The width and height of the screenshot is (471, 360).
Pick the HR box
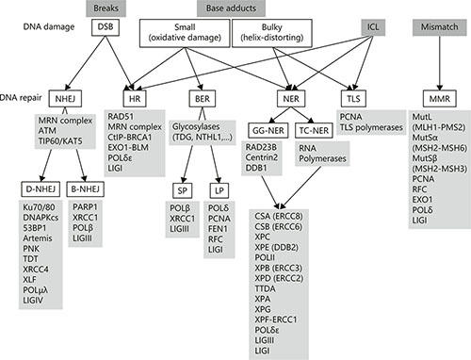point(134,99)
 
